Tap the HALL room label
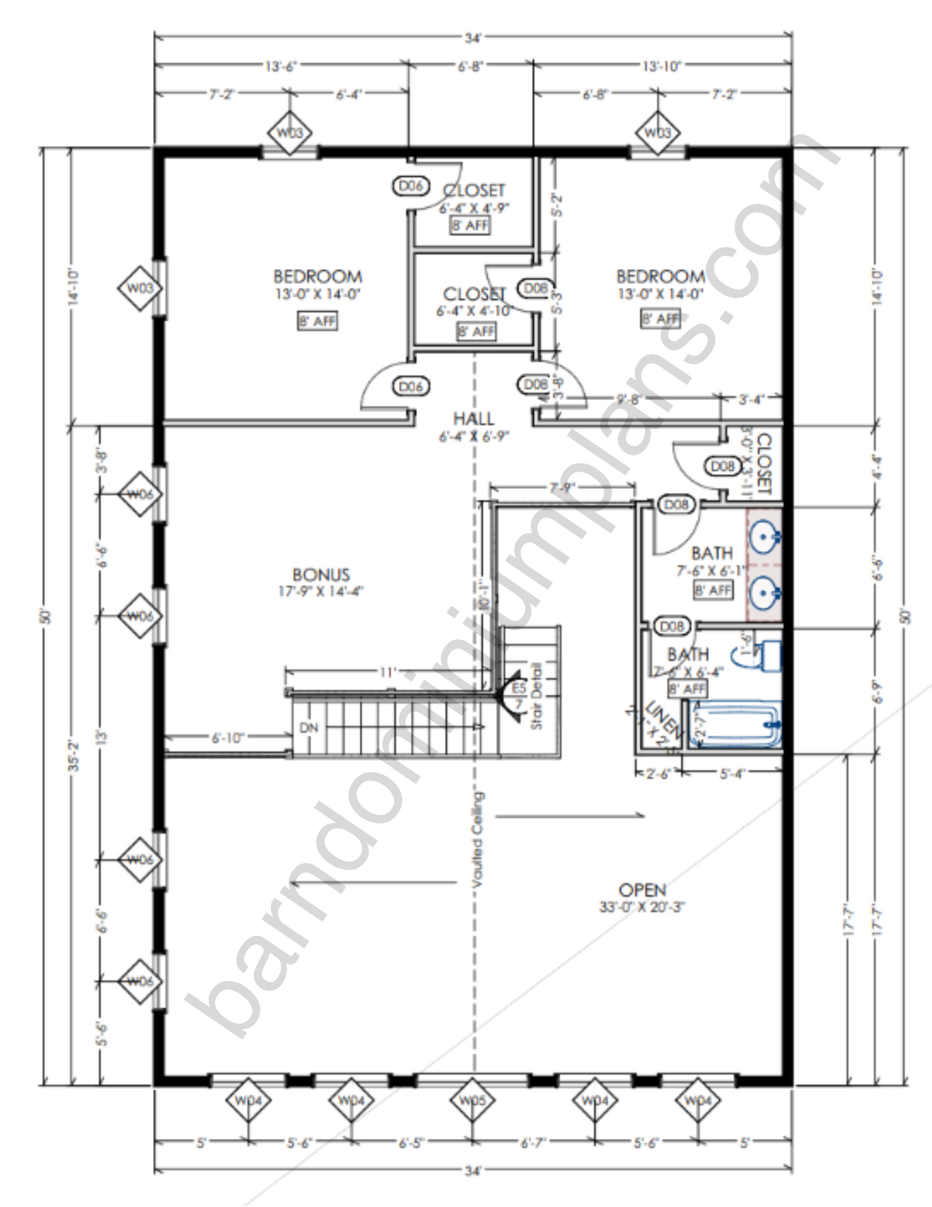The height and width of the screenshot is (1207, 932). click(x=474, y=419)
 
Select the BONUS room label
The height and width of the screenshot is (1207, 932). click(x=321, y=574)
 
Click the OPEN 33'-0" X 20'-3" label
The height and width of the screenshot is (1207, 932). click(x=642, y=897)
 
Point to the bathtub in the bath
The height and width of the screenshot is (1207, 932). click(x=735, y=726)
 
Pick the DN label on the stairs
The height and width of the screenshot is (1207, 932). click(x=309, y=727)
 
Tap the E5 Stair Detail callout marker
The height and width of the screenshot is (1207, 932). click(x=519, y=695)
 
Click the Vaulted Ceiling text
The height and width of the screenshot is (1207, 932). click(x=478, y=843)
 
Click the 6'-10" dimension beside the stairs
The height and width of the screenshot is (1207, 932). click(x=228, y=737)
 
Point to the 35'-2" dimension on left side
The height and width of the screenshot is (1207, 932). click(x=74, y=756)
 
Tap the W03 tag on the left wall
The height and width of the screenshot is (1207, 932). click(x=139, y=288)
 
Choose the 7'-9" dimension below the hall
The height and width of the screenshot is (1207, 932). click(x=562, y=488)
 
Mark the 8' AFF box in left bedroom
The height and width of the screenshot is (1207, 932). click(x=317, y=321)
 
